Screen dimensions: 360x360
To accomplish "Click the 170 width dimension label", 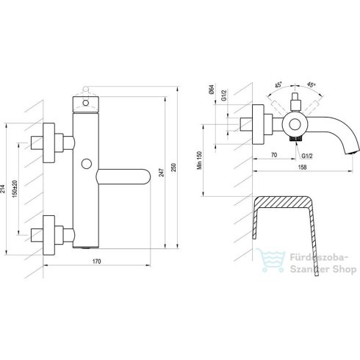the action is coord(97,262).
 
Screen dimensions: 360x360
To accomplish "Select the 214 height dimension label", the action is coord(3,189).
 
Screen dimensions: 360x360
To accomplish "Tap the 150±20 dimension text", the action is coord(15,189).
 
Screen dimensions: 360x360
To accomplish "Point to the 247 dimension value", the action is coord(162,173).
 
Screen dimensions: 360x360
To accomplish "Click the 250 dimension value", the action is coord(173,168).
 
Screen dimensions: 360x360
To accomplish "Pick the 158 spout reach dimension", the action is coord(303,168).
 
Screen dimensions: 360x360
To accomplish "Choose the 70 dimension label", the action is coord(274,155).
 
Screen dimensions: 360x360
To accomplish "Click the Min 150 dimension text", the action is coord(200,160).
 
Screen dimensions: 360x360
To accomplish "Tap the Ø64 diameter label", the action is coord(212,89).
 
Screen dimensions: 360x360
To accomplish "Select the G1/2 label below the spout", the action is coord(307,156).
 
